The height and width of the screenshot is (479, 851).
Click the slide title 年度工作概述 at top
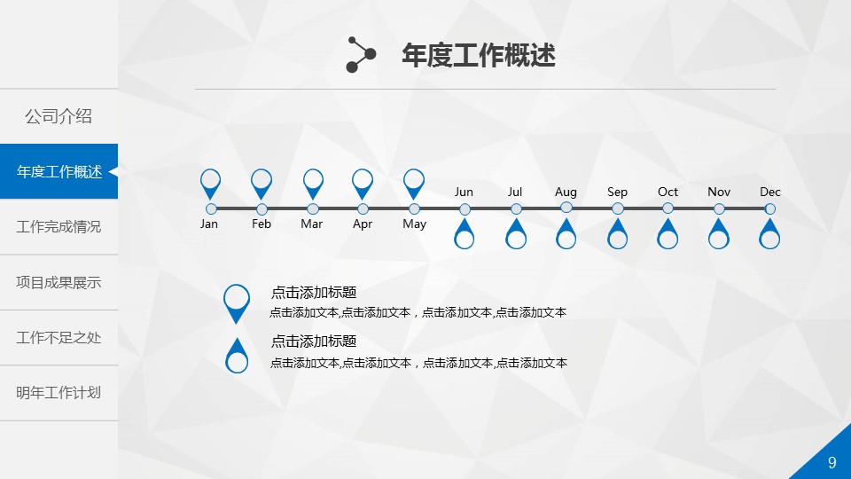pyautogui.click(x=478, y=55)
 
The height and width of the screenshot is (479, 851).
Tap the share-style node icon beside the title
pyautogui.click(x=361, y=54)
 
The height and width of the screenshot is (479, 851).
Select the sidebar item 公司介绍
pyautogui.click(x=59, y=116)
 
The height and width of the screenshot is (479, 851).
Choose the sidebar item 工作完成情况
pyautogui.click(x=59, y=226)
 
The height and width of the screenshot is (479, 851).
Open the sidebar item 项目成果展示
pyautogui.click(x=59, y=282)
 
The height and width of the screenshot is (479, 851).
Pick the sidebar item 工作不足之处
pyautogui.click(x=59, y=338)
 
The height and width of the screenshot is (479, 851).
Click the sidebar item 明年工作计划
pyautogui.click(x=59, y=393)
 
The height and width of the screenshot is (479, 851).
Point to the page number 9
pyautogui.click(x=832, y=463)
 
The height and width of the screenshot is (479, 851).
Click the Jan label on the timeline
pyautogui.click(x=209, y=224)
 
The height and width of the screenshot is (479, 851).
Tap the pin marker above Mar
pyautogui.click(x=313, y=184)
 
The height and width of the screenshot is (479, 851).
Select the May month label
pyautogui.click(x=415, y=224)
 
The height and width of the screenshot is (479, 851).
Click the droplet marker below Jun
pyautogui.click(x=464, y=233)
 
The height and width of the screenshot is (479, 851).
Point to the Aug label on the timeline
pyautogui.click(x=566, y=192)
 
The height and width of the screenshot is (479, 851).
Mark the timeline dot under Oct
pyautogui.click(x=668, y=208)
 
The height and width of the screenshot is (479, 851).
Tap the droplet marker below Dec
pyautogui.click(x=769, y=233)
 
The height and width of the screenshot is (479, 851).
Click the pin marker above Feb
pyautogui.click(x=262, y=184)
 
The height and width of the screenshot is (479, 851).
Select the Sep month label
pyautogui.click(x=617, y=192)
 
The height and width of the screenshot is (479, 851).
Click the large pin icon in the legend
pyautogui.click(x=237, y=303)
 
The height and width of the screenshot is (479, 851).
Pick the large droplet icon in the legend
pyautogui.click(x=237, y=356)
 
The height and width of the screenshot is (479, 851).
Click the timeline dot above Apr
pyautogui.click(x=363, y=209)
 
